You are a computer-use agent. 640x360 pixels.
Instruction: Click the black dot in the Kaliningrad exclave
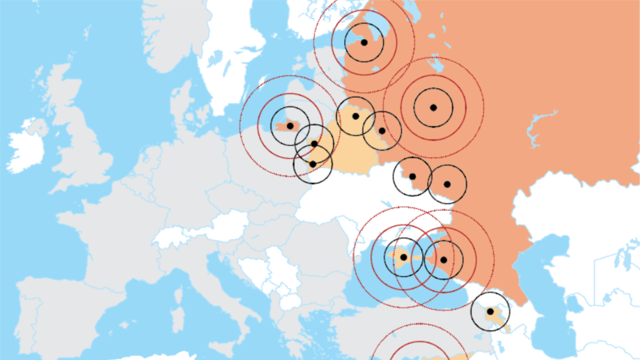tap(290, 126)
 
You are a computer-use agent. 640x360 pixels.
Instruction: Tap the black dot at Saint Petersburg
tap(364, 42)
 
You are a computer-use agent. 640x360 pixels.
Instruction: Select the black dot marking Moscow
tap(433, 107)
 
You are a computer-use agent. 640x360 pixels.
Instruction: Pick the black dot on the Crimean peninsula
tap(403, 257)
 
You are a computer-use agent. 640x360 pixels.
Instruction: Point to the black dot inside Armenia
tap(490, 311)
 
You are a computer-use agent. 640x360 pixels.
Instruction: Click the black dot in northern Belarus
tap(356, 116)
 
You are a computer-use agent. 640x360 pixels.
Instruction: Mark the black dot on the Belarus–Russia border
tap(382, 130)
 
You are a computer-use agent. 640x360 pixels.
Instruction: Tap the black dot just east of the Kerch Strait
tap(443, 260)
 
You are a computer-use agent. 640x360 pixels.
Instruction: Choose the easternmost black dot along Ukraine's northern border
tap(447, 184)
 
